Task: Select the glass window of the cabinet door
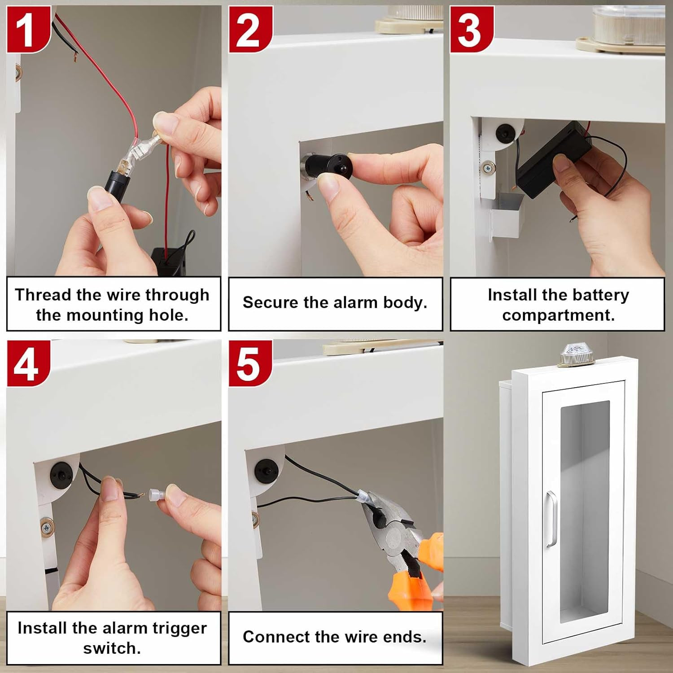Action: coord(584,511)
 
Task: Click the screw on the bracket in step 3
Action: coord(488,168)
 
